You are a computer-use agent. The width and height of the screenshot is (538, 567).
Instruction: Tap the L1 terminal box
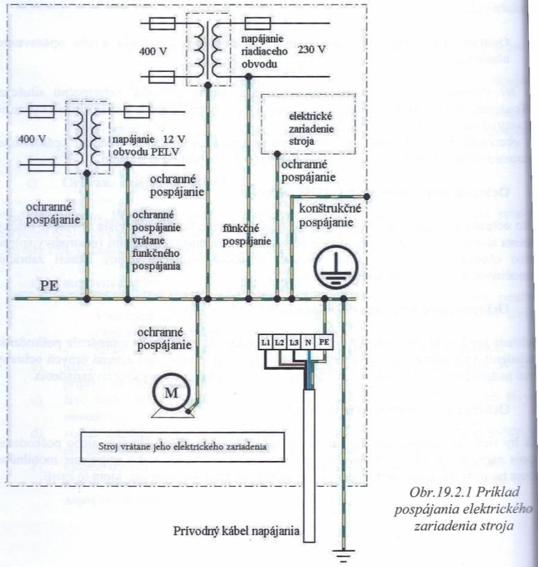(265, 342)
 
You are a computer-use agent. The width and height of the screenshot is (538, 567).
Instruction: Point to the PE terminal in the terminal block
(325, 342)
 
